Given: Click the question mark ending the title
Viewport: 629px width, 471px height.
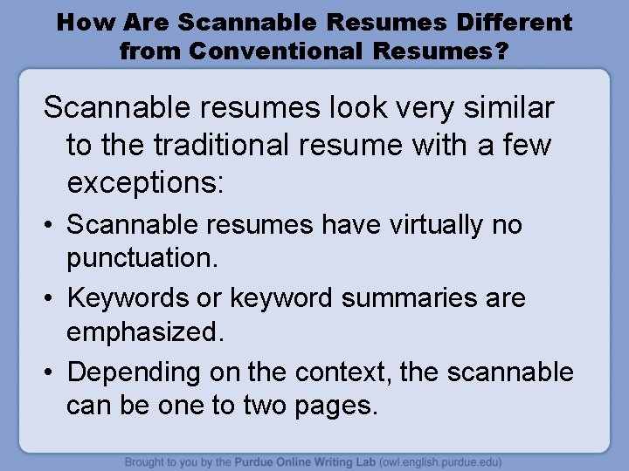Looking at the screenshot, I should click(x=501, y=51).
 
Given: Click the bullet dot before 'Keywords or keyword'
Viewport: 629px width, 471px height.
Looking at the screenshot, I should click(x=50, y=298).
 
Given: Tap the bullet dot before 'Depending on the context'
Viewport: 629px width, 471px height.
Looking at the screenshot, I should click(x=50, y=372).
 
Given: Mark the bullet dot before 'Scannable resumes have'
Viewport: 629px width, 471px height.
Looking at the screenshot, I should click(x=50, y=226).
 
